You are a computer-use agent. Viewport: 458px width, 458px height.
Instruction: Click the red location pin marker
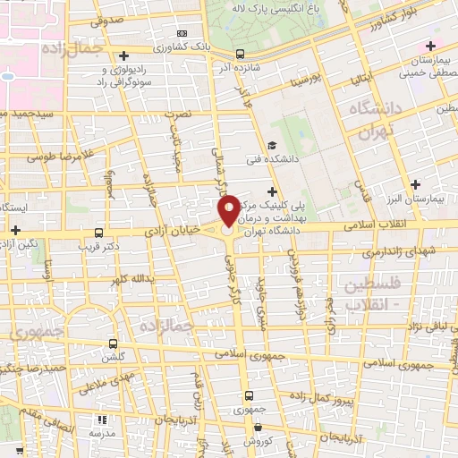(x=229, y=211)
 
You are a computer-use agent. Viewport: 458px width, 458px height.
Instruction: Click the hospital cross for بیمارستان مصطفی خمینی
(x=432, y=46)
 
